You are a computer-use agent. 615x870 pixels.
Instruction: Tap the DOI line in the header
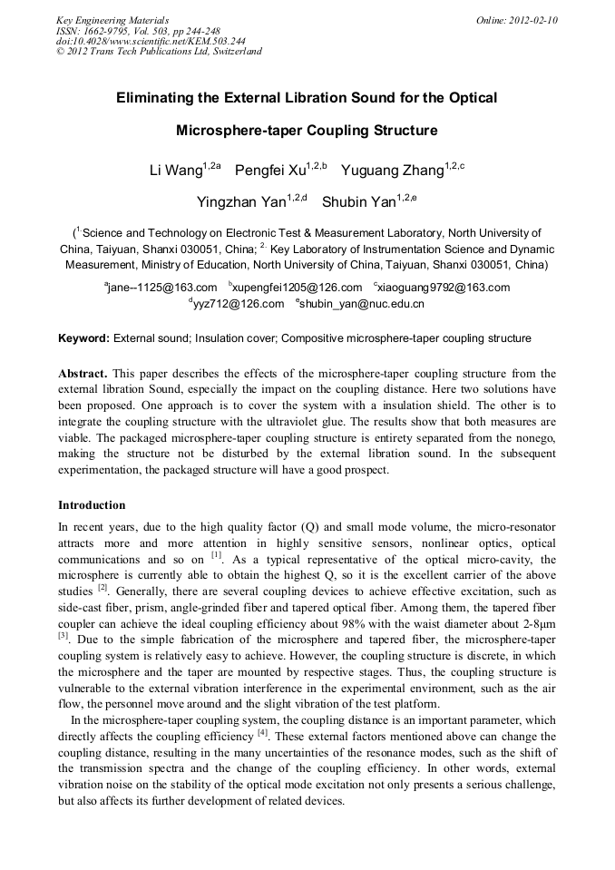tap(151, 41)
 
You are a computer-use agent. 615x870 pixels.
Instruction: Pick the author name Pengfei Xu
tap(270, 171)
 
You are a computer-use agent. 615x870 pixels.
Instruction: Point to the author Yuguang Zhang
tap(392, 171)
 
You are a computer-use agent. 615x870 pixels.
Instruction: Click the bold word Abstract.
tap(83, 374)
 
